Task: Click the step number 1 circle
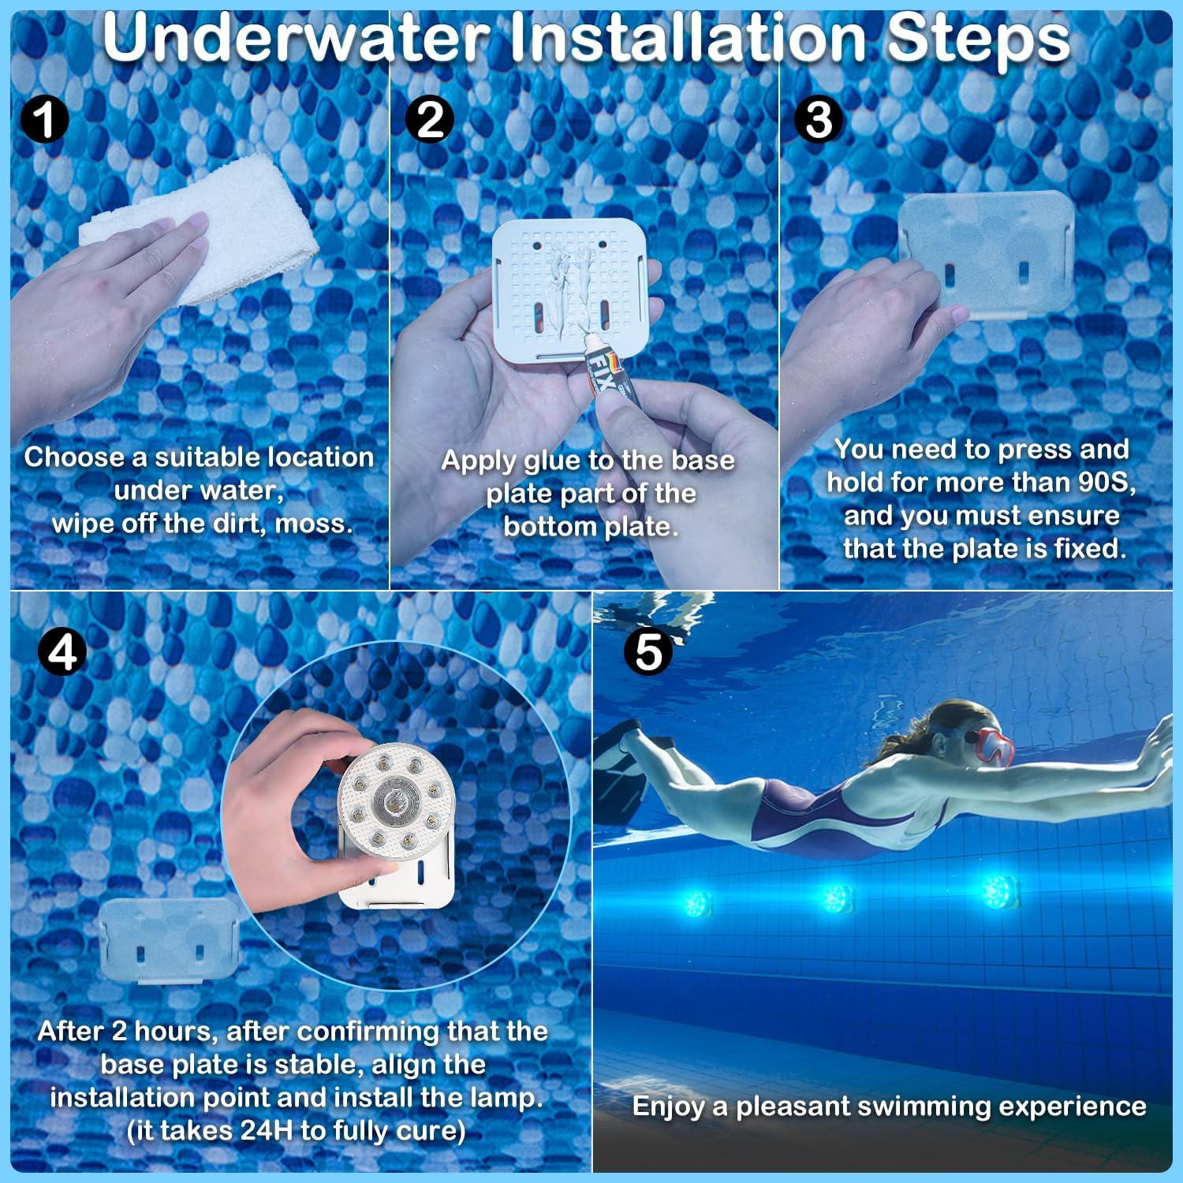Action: pyautogui.click(x=45, y=119)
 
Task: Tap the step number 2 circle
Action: pyautogui.click(x=430, y=120)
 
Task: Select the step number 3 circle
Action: pyautogui.click(x=818, y=120)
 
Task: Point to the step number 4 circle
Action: pyautogui.click(x=62, y=652)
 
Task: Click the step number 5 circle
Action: pyautogui.click(x=648, y=652)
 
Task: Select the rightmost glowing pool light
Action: pyautogui.click(x=997, y=892)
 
